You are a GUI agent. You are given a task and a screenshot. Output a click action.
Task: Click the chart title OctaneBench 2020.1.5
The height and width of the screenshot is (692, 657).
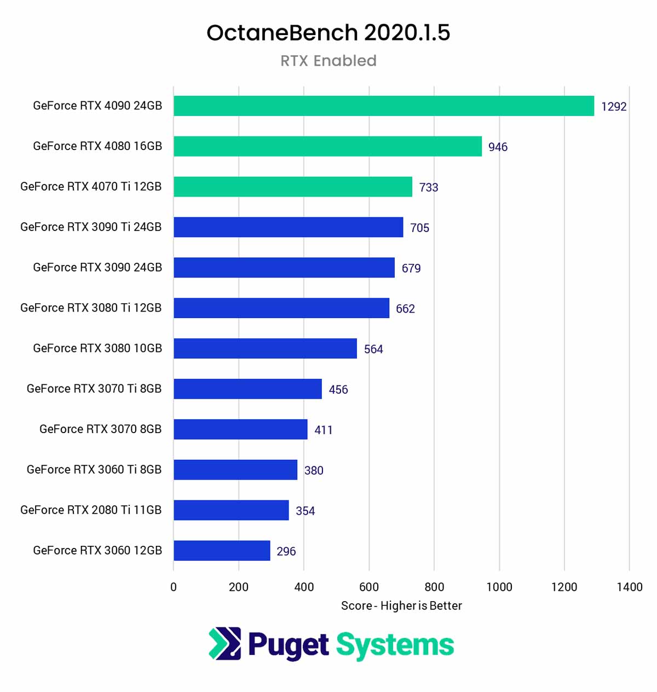[x=328, y=33]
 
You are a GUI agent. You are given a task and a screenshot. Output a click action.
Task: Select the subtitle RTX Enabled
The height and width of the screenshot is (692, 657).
[x=328, y=61]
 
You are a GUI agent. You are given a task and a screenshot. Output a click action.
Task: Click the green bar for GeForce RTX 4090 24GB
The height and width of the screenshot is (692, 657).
[x=383, y=106]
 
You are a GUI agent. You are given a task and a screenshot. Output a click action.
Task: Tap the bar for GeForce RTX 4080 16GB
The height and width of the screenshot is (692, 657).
[x=327, y=146]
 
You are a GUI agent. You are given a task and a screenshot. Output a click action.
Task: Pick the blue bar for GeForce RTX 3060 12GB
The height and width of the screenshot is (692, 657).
[x=222, y=550]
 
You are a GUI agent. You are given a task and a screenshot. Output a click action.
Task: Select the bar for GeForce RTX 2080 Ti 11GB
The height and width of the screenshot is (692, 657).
[x=231, y=510]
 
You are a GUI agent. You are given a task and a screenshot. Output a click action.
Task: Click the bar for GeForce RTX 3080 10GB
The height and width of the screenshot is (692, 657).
[x=265, y=348]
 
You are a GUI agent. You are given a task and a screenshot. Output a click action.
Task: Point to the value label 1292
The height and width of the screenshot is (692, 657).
[x=614, y=107]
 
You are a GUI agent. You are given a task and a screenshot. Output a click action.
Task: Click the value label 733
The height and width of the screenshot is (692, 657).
[x=429, y=187]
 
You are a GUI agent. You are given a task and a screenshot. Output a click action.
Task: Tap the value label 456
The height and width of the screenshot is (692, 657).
[x=338, y=390]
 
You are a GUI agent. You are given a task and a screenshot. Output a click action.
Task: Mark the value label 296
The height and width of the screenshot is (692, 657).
[x=286, y=551]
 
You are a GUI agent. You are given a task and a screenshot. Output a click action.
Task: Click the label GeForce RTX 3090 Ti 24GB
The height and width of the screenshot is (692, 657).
[x=91, y=227]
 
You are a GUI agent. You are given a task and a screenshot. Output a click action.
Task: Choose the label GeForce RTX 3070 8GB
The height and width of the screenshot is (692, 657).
[x=100, y=429]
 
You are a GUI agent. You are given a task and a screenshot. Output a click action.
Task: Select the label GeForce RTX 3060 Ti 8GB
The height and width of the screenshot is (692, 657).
[x=94, y=470]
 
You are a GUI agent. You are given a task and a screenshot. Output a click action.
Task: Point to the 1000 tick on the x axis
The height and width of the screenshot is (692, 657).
[x=499, y=587]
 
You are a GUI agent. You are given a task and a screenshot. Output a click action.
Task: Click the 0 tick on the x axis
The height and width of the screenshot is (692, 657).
[x=174, y=587]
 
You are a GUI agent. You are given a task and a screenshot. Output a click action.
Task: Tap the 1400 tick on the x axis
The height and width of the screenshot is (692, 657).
[x=630, y=587]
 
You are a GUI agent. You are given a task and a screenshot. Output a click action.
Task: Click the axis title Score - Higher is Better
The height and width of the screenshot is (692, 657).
[x=401, y=605]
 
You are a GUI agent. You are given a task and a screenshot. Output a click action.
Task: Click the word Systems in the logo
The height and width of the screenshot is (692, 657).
[x=395, y=645]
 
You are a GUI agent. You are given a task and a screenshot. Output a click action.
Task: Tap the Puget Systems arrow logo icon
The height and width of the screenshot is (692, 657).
[x=224, y=643]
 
